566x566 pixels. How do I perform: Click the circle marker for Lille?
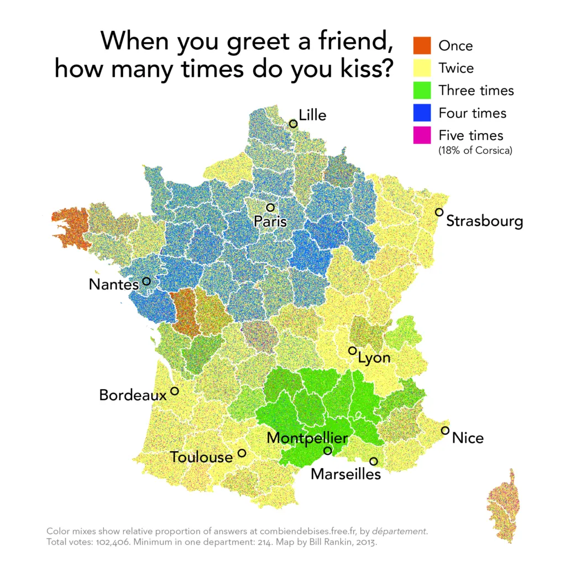[x=293, y=124]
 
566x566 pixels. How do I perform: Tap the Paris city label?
[x=270, y=222]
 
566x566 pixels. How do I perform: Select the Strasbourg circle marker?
[x=439, y=212]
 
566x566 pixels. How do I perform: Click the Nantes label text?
[x=113, y=285]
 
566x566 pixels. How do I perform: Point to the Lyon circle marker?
[x=352, y=350]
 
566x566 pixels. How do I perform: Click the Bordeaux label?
[x=133, y=395]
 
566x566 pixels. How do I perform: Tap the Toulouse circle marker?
[x=242, y=453]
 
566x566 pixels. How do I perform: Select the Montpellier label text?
[x=307, y=438]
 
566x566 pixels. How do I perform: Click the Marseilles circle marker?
[x=374, y=461]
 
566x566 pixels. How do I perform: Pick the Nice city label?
[x=468, y=438]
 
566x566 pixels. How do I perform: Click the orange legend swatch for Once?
[x=422, y=45]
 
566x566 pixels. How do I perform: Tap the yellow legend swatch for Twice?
[x=422, y=68]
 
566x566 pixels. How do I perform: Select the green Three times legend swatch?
[x=422, y=90]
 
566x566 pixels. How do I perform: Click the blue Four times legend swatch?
[x=422, y=113]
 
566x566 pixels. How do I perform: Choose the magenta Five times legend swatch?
[x=422, y=135]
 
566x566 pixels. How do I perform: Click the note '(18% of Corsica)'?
[x=475, y=150]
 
